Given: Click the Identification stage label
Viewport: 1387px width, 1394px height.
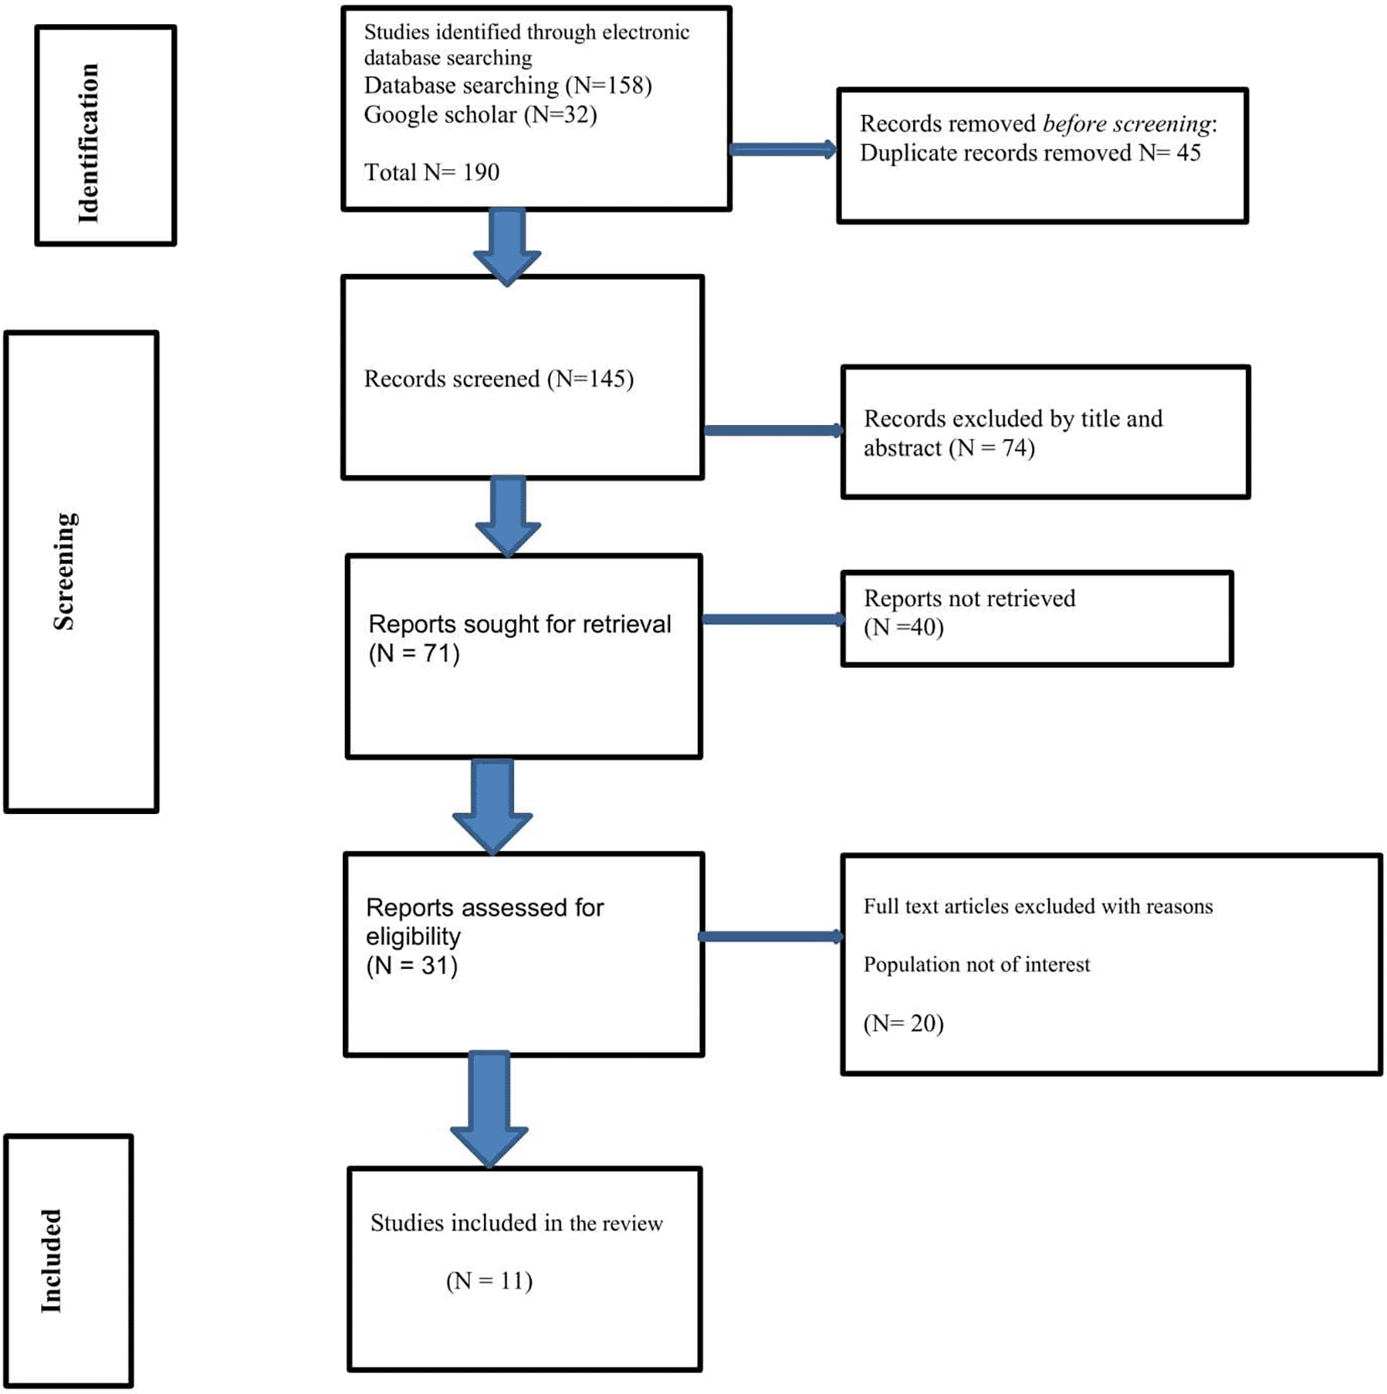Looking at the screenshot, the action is [88, 143].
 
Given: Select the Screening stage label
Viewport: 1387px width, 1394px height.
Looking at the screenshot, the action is [65, 571].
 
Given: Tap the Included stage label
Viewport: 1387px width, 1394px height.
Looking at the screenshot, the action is [51, 1261].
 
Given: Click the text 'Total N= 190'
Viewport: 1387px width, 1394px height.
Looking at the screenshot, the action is [431, 172].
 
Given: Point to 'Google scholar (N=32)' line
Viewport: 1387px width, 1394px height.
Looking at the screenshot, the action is [481, 114].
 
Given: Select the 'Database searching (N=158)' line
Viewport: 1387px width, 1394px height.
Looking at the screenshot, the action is [507, 86].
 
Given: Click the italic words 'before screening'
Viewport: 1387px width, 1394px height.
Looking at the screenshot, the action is [1126, 124].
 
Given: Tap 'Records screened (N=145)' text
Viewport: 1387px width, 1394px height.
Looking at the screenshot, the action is [499, 379].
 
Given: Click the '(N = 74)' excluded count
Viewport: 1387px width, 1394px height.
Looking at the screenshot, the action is [992, 448].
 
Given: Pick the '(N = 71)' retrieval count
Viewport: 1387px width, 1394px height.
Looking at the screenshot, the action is [414, 653].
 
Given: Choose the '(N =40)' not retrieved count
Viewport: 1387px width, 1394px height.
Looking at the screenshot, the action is [904, 627].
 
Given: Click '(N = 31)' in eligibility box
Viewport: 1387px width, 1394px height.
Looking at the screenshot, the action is [412, 966].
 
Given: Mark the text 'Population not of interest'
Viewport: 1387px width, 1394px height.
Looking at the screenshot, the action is [977, 965].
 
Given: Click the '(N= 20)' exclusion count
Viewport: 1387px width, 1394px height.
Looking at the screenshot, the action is [904, 1023].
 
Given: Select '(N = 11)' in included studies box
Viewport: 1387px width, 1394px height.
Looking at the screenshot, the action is [490, 1281].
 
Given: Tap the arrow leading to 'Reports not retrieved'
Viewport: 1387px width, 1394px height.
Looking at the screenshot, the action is [773, 619].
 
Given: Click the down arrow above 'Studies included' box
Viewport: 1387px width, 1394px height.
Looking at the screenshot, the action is [490, 1109].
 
